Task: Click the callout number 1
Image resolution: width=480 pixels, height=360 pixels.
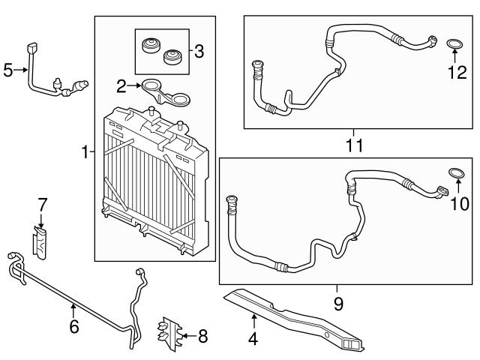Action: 85,152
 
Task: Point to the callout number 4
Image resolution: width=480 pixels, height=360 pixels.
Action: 253,340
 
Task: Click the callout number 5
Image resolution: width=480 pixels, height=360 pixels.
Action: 8,70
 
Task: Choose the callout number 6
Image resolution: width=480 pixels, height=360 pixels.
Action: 73,327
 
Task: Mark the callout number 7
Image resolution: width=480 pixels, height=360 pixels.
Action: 43,204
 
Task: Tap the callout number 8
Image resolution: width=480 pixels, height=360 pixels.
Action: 202,337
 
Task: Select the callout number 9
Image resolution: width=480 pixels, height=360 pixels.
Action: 337,304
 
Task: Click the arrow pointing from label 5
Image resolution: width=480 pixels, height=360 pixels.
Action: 22,70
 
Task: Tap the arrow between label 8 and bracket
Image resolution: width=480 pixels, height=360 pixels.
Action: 187,337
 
